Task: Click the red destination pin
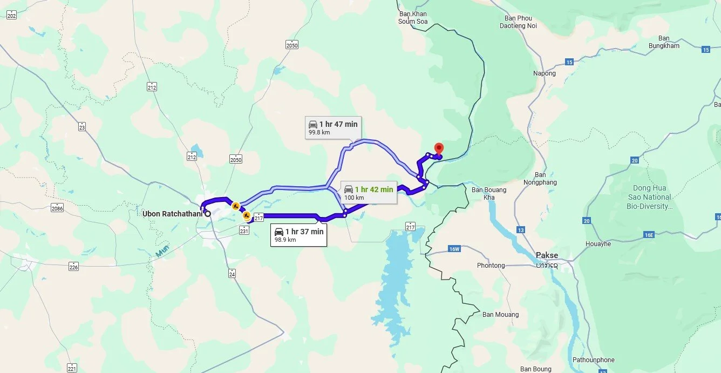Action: coord(439,148)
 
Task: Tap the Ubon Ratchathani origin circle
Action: coord(207,214)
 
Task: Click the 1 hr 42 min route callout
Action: coord(369,193)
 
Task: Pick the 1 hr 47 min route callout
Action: coord(332,127)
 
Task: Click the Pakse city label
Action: coord(547,255)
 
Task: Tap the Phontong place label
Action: coord(491,266)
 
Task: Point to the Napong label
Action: coord(544,73)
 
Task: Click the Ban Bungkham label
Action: coord(664,42)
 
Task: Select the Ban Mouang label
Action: coord(500,315)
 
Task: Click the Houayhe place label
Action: coord(598,244)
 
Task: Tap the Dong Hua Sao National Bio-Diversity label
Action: coord(649,197)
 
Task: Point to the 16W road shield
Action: coord(454,249)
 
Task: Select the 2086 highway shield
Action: coord(57,208)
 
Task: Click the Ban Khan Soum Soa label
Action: coord(413,18)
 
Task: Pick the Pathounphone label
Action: coord(594,360)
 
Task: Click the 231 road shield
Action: coord(244,230)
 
